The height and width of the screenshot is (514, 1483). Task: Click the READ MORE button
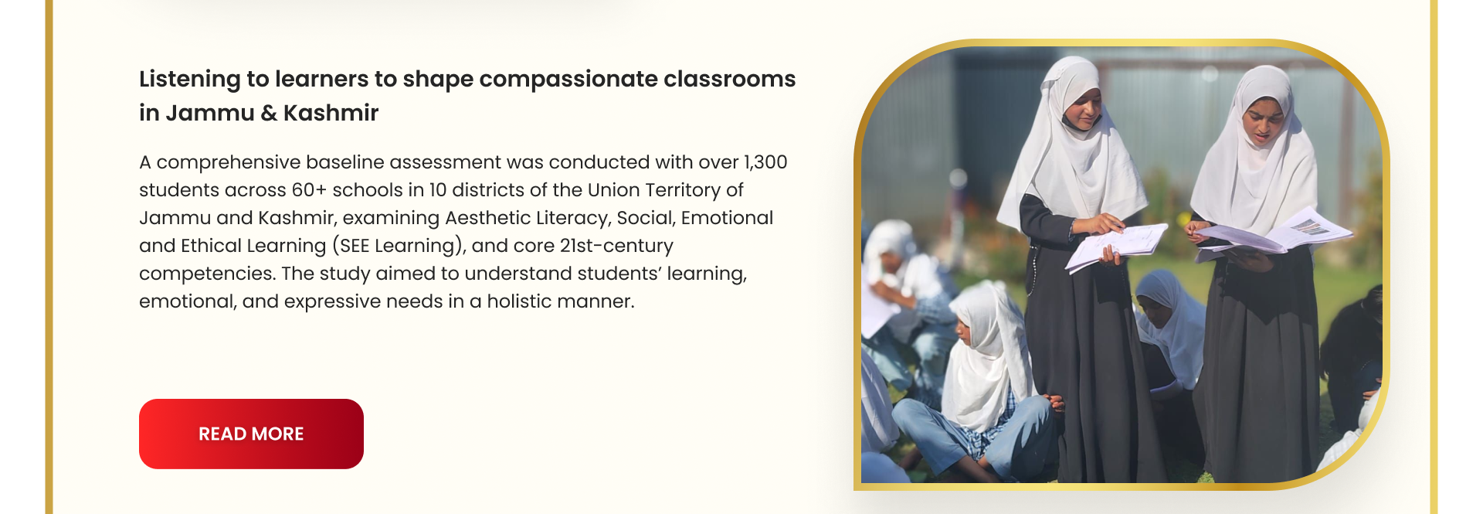pyautogui.click(x=251, y=434)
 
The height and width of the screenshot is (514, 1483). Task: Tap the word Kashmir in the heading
pyautogui.click(x=331, y=113)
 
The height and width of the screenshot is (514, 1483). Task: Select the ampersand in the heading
pyautogui.click(x=269, y=113)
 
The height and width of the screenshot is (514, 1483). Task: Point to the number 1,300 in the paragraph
pyautogui.click(x=765, y=162)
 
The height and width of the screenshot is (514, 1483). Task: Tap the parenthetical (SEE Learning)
pyautogui.click(x=399, y=246)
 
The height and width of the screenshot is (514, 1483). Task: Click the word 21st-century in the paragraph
pyautogui.click(x=616, y=246)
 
